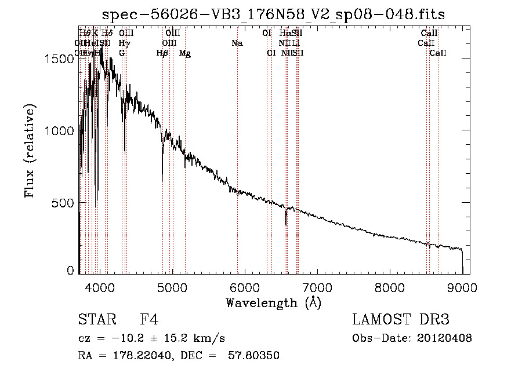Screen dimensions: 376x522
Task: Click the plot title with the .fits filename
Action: click(x=273, y=14)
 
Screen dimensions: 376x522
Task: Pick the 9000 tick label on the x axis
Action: click(x=462, y=287)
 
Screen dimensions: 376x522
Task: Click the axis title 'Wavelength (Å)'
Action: click(x=273, y=302)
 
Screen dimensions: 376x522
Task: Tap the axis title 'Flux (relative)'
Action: click(x=30, y=151)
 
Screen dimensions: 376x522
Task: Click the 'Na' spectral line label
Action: click(x=237, y=43)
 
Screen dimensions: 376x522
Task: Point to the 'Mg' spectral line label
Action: click(x=185, y=53)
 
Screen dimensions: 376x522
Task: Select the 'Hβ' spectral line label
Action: click(x=162, y=53)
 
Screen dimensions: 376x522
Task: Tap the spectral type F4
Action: click(x=149, y=320)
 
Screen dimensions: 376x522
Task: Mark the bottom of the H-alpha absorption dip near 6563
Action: click(x=285, y=225)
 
